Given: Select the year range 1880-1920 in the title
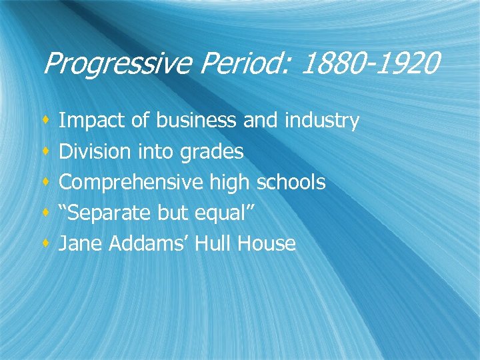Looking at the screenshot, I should point(371,65).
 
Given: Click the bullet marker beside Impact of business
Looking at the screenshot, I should point(45,121).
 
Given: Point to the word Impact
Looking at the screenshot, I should point(91,121).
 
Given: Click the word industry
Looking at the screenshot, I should point(322,121).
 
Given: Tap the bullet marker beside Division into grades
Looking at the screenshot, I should point(45,151).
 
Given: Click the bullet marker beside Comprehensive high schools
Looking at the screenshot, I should point(45,182).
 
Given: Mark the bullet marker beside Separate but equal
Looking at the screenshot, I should point(45,213).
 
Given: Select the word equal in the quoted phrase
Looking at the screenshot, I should point(224,213).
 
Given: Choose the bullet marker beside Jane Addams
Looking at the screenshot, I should point(45,243).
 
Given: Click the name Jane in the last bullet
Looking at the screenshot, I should point(78,243).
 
